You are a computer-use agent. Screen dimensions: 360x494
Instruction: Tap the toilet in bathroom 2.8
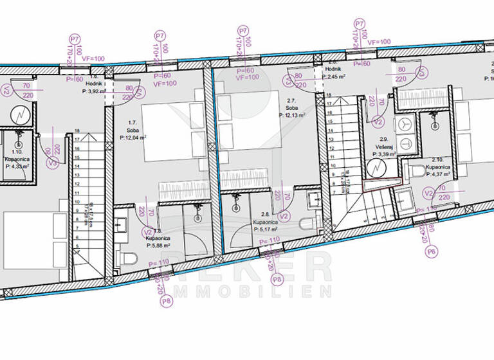[308, 223]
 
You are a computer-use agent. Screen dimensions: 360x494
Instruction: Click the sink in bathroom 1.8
[122, 225]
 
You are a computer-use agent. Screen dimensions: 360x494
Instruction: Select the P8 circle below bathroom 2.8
[277, 279]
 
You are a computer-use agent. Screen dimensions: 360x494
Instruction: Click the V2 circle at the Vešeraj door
[378, 121]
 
